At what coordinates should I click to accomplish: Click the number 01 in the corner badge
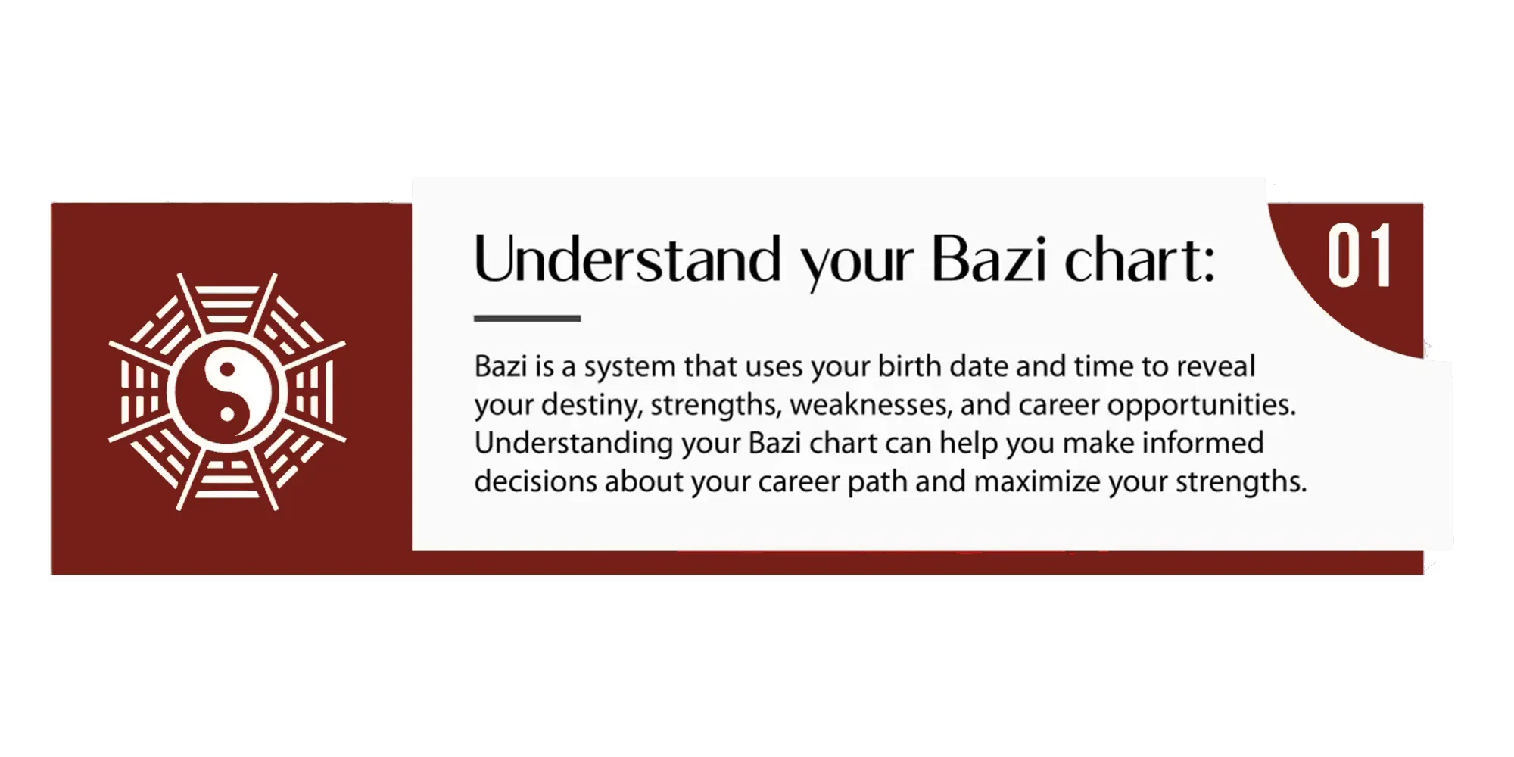(1360, 255)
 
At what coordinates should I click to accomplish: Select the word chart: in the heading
(1140, 259)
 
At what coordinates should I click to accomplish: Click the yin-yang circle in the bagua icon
(227, 392)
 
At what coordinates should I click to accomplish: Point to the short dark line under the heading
(527, 319)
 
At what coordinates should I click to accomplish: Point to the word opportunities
(1201, 406)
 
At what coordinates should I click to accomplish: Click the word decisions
(535, 481)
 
